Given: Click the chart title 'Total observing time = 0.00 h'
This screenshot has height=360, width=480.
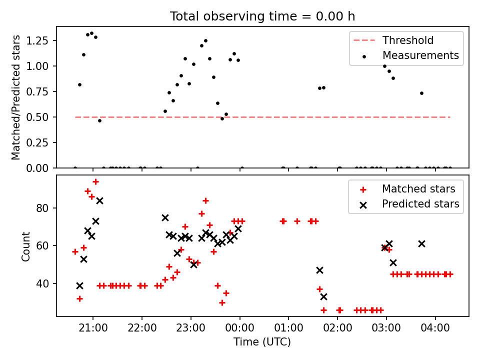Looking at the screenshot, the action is (x=262, y=16).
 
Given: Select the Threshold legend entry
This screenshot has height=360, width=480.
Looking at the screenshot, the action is (x=393, y=40).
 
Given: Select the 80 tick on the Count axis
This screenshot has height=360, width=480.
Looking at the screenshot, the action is (x=42, y=208).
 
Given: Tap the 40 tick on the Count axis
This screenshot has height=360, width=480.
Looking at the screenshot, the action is (x=42, y=284).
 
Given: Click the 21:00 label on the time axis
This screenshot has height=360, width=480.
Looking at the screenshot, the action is (x=93, y=328).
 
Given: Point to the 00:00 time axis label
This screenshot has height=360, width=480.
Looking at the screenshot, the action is (x=239, y=328).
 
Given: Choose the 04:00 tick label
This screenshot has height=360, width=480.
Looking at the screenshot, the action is (x=435, y=328).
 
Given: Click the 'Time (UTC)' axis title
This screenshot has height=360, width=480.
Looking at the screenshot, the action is (x=262, y=341).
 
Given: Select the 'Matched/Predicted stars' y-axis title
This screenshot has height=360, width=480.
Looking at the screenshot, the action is (x=15, y=97).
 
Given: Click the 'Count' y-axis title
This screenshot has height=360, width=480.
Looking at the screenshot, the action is (x=25, y=246).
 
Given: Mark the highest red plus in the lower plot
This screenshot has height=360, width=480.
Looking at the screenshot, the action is (x=96, y=182).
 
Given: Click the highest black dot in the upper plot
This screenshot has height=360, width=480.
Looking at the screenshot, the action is (x=91, y=33).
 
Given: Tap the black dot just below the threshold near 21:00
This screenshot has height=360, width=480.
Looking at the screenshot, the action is (x=99, y=120).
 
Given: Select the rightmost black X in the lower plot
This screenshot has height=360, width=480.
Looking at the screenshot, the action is (x=421, y=244).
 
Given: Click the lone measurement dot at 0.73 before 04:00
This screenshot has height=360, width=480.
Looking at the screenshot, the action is (x=421, y=93).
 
